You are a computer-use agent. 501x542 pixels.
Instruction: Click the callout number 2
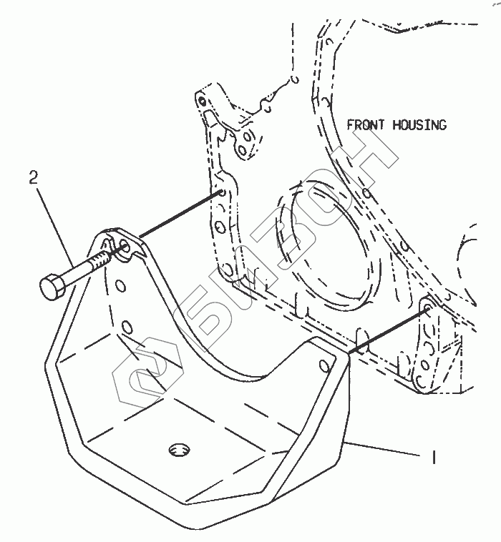(34, 178)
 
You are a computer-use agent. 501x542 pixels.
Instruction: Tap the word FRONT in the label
(366, 125)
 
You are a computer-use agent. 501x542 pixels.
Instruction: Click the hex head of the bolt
(52, 288)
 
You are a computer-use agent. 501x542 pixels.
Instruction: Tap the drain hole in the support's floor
(179, 450)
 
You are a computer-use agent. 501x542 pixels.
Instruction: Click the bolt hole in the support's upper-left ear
(123, 247)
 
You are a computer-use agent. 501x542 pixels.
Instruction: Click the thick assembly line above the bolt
(179, 215)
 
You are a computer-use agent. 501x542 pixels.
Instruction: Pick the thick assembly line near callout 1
(386, 330)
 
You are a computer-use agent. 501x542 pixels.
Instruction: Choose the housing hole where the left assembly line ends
(222, 193)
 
